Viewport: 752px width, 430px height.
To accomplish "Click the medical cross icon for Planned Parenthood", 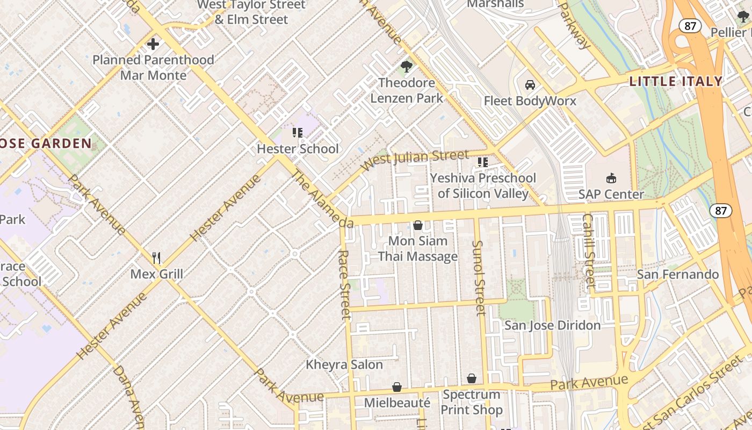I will [x=153, y=44].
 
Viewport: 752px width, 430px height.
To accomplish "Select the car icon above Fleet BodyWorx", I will [x=530, y=85].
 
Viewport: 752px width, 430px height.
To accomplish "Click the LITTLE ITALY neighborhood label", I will [x=676, y=82].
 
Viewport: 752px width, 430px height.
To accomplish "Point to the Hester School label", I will [x=298, y=149].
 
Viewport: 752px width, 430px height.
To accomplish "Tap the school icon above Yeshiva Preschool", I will [x=483, y=162].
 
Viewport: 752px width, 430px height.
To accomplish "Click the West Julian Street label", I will [x=415, y=160].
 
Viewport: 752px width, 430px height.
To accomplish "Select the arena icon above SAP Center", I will [x=611, y=178].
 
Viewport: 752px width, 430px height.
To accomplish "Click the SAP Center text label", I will [x=611, y=194].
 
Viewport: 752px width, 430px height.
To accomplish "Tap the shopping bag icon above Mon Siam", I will [x=418, y=225].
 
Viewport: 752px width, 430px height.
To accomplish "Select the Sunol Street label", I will [x=479, y=277].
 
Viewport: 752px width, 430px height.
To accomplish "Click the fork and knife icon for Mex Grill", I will [x=156, y=258].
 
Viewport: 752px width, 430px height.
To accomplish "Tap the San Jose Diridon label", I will [x=552, y=325].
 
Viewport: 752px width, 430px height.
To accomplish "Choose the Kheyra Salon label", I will [x=344, y=364].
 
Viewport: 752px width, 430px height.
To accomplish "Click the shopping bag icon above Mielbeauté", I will [x=397, y=387].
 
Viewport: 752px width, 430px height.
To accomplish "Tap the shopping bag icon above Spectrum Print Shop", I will [x=472, y=379].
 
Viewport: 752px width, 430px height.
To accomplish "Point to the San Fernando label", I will [x=677, y=275].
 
